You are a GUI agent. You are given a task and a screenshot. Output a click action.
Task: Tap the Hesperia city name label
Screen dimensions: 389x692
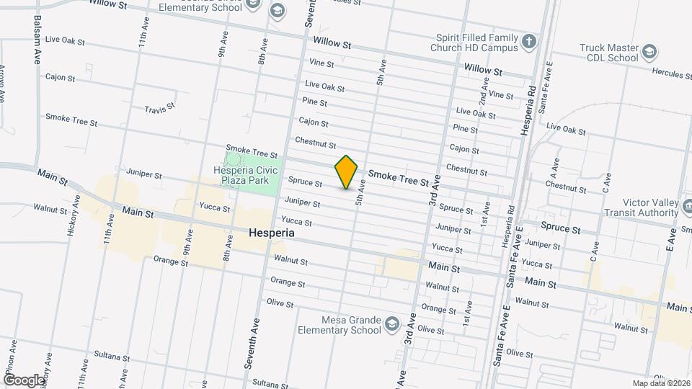(272, 233)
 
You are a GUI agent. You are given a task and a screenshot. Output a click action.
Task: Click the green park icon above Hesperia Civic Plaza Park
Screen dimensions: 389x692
(234, 158)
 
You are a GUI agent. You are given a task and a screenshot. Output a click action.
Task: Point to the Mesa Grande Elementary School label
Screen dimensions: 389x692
(338, 326)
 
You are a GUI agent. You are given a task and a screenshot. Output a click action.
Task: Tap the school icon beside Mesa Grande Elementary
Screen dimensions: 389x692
(391, 321)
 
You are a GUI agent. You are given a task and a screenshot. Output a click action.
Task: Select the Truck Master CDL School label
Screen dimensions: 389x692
(609, 53)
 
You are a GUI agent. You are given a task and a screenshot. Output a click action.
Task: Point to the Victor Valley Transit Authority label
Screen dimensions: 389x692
(641, 207)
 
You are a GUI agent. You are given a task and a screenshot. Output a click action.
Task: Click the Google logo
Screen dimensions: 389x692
(23, 380)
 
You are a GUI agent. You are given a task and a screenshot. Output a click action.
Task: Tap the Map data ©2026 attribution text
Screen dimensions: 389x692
(660, 383)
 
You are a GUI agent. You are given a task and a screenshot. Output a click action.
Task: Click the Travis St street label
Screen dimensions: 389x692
(160, 109)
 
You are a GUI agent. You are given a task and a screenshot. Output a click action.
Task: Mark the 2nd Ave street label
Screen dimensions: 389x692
(484, 89)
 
